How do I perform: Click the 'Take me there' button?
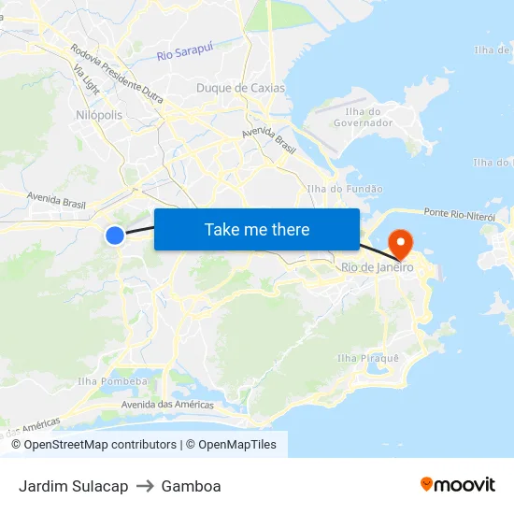[257, 229]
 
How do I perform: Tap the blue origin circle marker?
[115, 236]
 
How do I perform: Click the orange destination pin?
[400, 244]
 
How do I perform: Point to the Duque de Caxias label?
[240, 88]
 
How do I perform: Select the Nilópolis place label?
[97, 114]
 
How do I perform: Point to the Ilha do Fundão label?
[345, 189]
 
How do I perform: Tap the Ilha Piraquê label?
[367, 358]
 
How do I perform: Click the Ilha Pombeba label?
[112, 381]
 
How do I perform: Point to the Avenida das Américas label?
[167, 405]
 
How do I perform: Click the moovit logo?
[458, 484]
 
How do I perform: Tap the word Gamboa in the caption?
[191, 486]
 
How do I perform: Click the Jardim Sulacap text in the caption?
[73, 486]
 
